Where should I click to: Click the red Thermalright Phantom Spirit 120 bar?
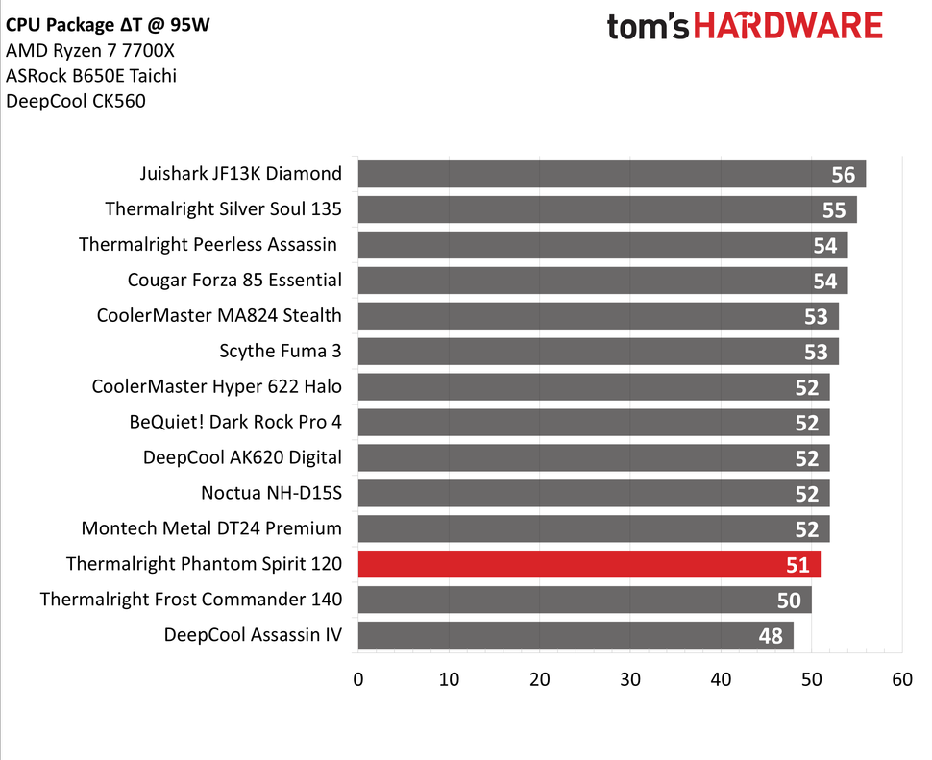[588, 564]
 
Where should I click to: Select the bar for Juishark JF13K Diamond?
[611, 174]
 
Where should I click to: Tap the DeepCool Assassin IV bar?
[576, 635]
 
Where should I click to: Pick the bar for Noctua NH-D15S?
[593, 493]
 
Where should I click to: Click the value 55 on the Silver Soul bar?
[834, 209]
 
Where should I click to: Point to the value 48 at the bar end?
[771, 635]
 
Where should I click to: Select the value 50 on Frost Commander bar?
[789, 600]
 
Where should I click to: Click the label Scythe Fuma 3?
[282, 352]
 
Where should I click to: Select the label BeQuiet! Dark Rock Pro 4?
[235, 422]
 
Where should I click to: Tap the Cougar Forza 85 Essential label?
[234, 281]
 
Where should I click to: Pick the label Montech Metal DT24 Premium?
[211, 528]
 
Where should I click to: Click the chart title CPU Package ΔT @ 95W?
[108, 25]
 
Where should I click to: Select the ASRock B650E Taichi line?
[91, 76]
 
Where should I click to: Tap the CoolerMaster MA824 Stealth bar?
[598, 316]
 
